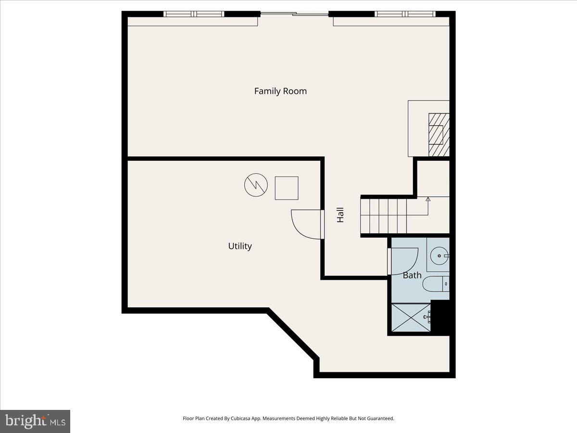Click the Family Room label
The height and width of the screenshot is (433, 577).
(280, 91)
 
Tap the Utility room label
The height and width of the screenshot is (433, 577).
(239, 246)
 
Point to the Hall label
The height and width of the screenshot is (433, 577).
(340, 215)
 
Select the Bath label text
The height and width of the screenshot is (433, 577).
(412, 275)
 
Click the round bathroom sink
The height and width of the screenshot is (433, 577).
(438, 255)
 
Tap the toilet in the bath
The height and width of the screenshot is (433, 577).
(436, 284)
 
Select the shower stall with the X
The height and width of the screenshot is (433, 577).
(411, 318)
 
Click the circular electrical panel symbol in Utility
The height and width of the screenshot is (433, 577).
(256, 185)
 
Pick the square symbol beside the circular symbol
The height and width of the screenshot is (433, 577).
(287, 188)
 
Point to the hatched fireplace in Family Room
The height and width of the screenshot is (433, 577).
(439, 135)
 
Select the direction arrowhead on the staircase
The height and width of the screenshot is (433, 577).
(428, 198)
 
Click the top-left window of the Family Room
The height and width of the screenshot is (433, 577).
(194, 14)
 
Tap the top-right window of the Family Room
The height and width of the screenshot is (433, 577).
(405, 14)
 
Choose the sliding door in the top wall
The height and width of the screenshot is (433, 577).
(294, 14)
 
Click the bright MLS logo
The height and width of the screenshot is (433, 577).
(35, 421)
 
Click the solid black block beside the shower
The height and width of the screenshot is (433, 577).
(441, 316)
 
